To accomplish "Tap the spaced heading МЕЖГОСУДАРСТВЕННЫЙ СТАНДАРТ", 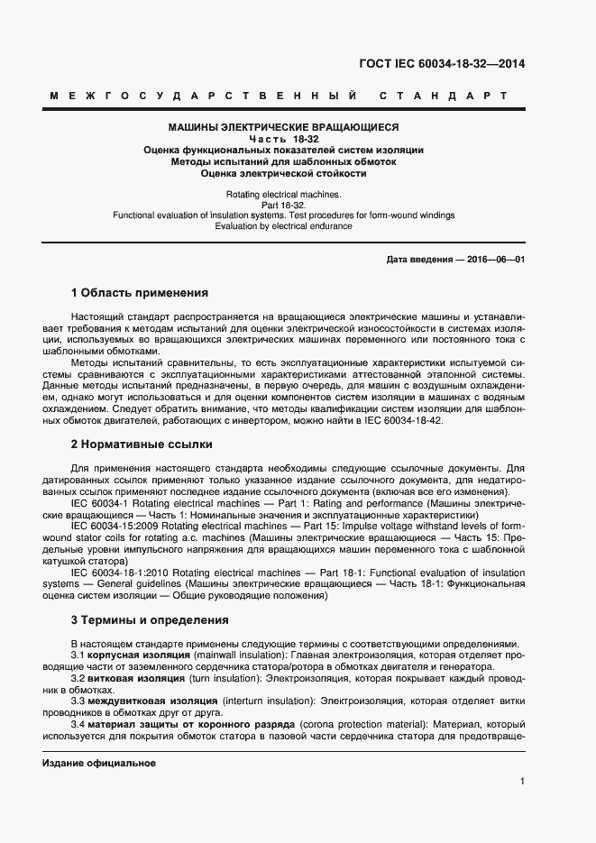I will (x=279, y=96).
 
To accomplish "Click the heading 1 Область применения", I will (x=140, y=292).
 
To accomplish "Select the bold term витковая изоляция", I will (x=137, y=677).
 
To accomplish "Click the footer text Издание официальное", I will (x=99, y=763).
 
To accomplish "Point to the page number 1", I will (x=522, y=781).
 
